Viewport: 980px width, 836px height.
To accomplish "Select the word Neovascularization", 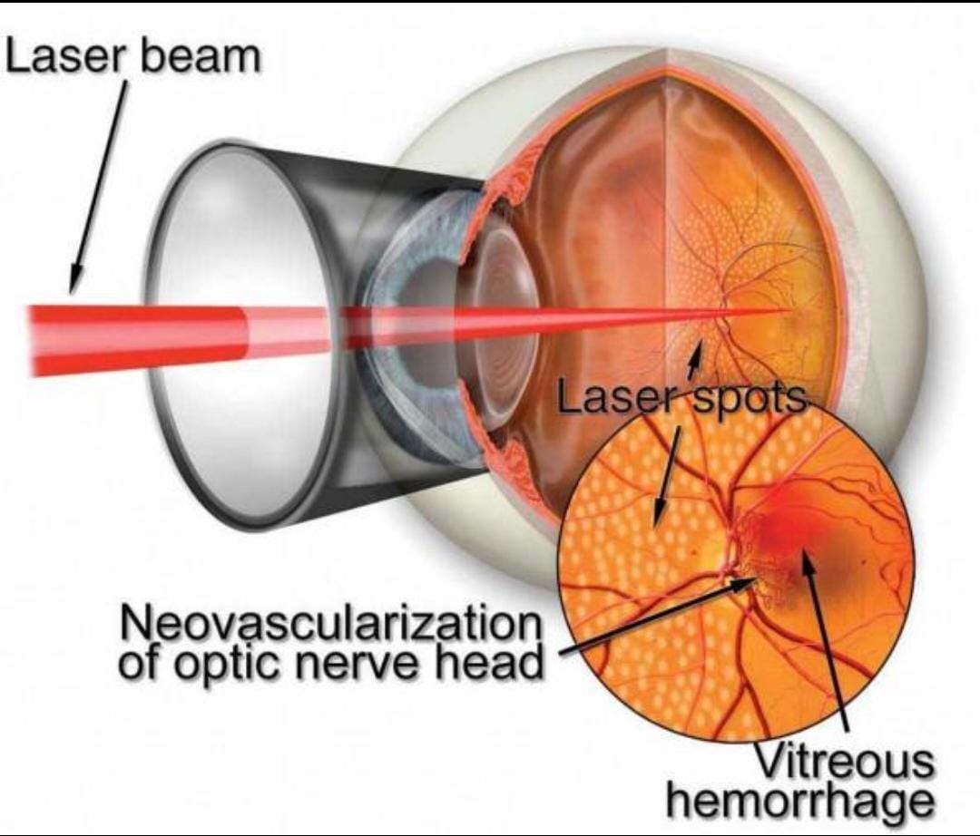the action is pyautogui.click(x=330, y=624).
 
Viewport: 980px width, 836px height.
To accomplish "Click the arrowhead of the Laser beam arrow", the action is pyautogui.click(x=76, y=279).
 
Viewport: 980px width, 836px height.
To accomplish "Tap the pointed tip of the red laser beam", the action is pyautogui.click(x=789, y=310).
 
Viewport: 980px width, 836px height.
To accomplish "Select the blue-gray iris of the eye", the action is pyautogui.click(x=400, y=325).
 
